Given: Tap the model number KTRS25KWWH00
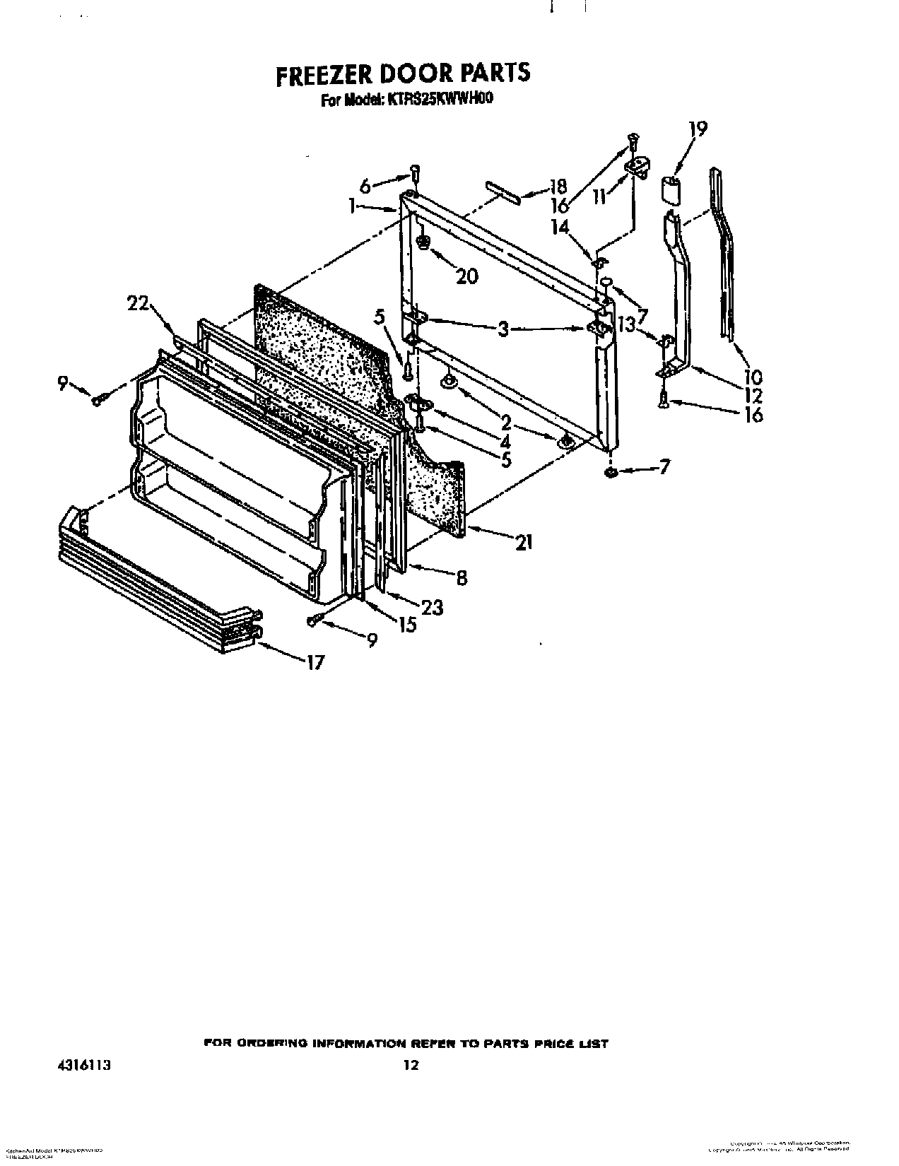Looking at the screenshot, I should tap(439, 100).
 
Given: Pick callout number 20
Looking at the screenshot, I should tap(466, 276).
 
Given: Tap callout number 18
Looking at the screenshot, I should tap(558, 187).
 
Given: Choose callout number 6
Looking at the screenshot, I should tap(365, 186).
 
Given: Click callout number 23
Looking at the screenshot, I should tap(431, 606).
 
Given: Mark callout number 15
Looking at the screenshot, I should tap(407, 625).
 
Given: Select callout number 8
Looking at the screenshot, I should tap(461, 577).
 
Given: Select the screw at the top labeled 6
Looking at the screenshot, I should tap(415, 171).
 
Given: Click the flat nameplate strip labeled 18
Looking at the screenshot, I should tap(503, 191).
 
